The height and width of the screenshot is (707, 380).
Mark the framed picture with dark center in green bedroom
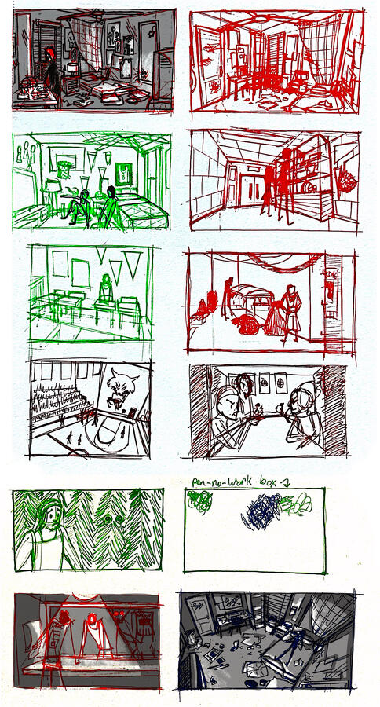pos(122,173)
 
